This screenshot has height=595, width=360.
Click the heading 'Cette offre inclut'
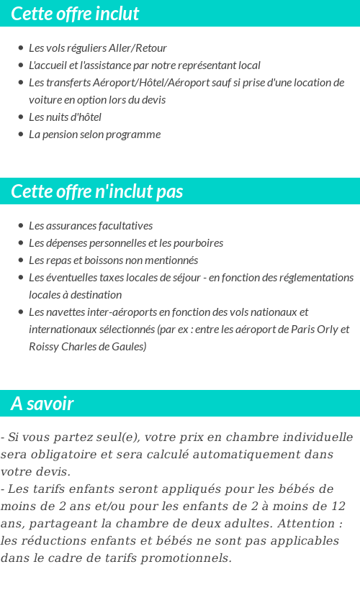75,14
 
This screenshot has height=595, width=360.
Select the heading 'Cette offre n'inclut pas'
97,191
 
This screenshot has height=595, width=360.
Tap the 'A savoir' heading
42,404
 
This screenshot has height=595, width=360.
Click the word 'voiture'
45,100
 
